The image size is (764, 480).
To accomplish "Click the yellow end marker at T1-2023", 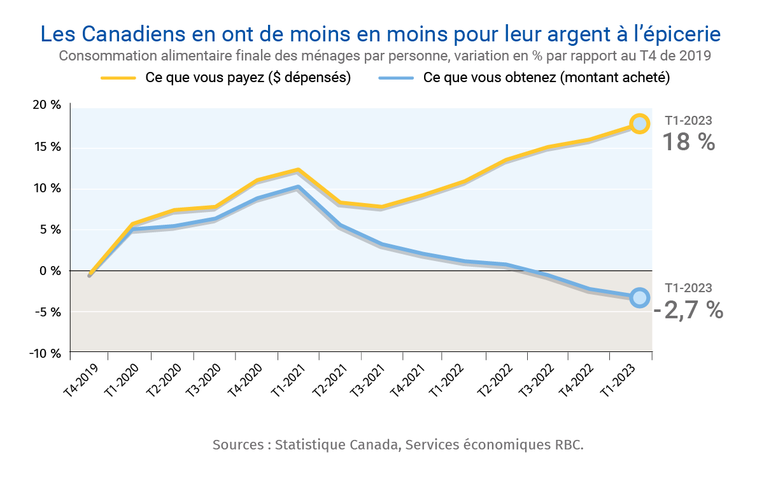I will coord(640,124).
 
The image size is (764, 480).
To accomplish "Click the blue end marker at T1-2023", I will coord(640,297).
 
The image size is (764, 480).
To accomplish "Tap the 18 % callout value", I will coord(689,142).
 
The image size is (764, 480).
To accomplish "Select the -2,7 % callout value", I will coord(689,310).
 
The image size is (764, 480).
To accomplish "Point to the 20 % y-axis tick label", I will coord(48,105).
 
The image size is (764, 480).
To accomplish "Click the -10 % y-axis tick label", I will coord(46,353).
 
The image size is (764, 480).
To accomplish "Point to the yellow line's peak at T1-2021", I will coord(298,171).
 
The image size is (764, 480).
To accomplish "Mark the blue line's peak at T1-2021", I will coord(298,187).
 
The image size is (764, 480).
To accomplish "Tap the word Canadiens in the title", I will coord(139,33).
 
